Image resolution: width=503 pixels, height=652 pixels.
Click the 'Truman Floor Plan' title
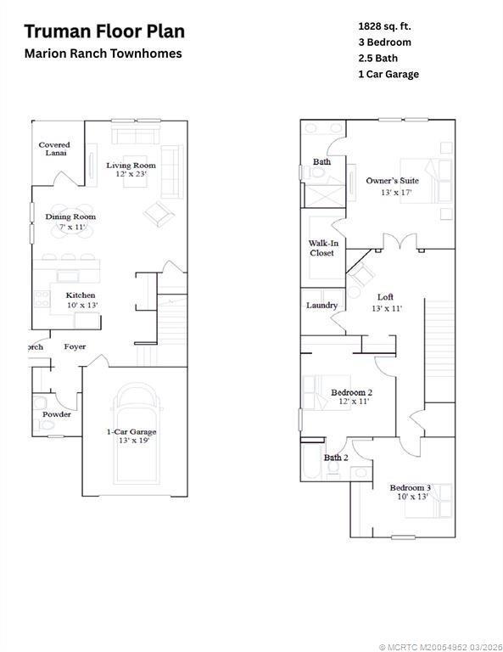pyautogui.click(x=104, y=32)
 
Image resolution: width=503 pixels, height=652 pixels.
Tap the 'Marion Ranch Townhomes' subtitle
pyautogui.click(x=103, y=53)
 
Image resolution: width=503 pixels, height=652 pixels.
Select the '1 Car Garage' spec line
pyautogui.click(x=388, y=74)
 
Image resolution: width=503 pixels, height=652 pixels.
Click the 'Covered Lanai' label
pyautogui.click(x=54, y=149)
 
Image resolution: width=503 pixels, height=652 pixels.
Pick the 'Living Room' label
pyautogui.click(x=131, y=165)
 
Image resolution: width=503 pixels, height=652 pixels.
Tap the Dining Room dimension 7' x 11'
pyautogui.click(x=70, y=227)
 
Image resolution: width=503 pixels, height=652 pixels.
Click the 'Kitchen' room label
pyautogui.click(x=81, y=295)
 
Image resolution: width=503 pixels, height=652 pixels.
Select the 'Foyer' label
pyautogui.click(x=75, y=346)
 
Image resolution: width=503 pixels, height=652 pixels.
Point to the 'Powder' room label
pyautogui.click(x=58, y=414)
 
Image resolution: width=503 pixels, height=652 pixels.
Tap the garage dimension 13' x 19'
pyautogui.click(x=131, y=441)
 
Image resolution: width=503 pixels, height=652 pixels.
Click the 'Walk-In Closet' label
pyautogui.click(x=321, y=248)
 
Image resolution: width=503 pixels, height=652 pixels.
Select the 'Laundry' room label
pyautogui.click(x=321, y=305)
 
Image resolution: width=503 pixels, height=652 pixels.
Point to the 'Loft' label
pyautogui.click(x=385, y=297)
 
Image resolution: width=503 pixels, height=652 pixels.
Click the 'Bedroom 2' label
pyautogui.click(x=351, y=392)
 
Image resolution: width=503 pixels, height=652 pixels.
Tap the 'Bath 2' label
pyautogui.click(x=335, y=458)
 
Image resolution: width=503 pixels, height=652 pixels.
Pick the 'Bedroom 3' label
pyautogui.click(x=411, y=487)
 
